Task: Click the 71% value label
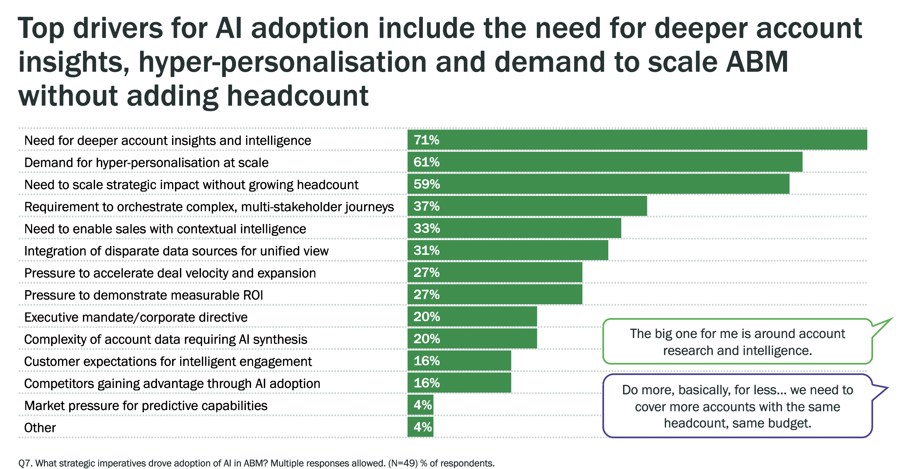(x=426, y=140)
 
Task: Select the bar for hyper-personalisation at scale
(x=604, y=162)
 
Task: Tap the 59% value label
(x=426, y=184)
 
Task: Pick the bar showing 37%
(x=527, y=206)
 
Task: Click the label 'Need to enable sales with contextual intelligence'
(x=165, y=229)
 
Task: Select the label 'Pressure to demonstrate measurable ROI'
(x=143, y=295)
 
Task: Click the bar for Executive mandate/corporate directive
(x=472, y=317)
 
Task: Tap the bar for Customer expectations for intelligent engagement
(x=459, y=361)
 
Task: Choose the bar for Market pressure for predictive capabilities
(x=420, y=405)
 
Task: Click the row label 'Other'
(x=40, y=428)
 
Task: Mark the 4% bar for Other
(x=420, y=427)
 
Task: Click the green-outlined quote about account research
(x=737, y=342)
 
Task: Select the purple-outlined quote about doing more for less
(x=737, y=406)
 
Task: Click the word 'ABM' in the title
(x=756, y=62)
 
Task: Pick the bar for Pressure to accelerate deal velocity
(x=494, y=272)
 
